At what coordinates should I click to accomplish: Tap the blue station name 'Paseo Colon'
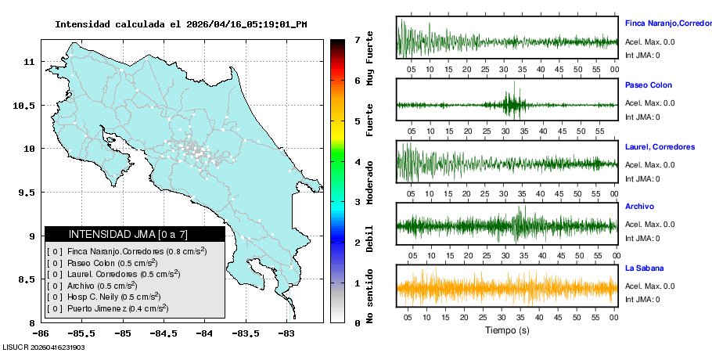click(x=648, y=85)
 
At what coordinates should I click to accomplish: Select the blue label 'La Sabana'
click(x=644, y=268)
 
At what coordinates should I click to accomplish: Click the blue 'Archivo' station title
click(x=641, y=207)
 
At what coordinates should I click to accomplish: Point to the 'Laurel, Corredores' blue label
click(x=660, y=146)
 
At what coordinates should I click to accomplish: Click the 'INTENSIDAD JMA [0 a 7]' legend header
click(x=134, y=234)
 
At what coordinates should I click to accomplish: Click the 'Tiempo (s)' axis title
click(x=507, y=330)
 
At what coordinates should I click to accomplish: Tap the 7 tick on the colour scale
click(x=357, y=39)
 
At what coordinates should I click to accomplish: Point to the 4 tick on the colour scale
click(x=357, y=161)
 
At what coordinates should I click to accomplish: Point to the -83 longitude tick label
click(x=286, y=333)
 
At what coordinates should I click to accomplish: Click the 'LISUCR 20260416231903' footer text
click(x=44, y=347)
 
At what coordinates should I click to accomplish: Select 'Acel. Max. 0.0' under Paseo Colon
click(x=649, y=103)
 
